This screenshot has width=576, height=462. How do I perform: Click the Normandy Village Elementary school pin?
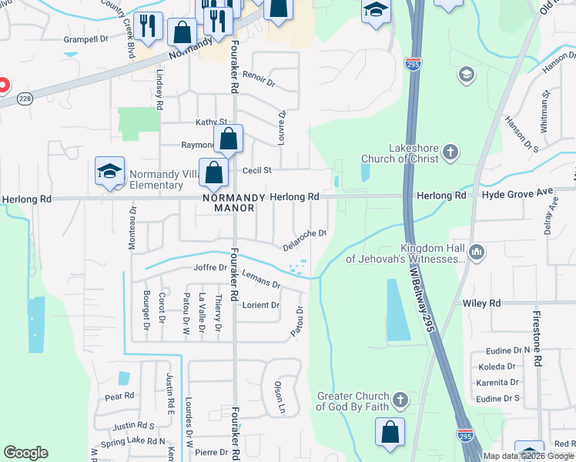(x=109, y=171)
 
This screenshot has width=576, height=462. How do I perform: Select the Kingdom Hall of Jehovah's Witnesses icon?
(x=477, y=252)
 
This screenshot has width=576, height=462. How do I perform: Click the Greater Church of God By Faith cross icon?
(x=399, y=400)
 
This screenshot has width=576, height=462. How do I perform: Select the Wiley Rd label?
(x=481, y=303)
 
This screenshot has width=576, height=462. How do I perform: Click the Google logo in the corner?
(x=25, y=453)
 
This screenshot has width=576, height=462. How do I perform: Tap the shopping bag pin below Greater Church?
(x=390, y=432)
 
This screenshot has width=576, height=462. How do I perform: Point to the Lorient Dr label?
(x=260, y=305)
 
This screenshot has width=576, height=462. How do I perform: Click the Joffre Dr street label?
(x=210, y=268)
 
